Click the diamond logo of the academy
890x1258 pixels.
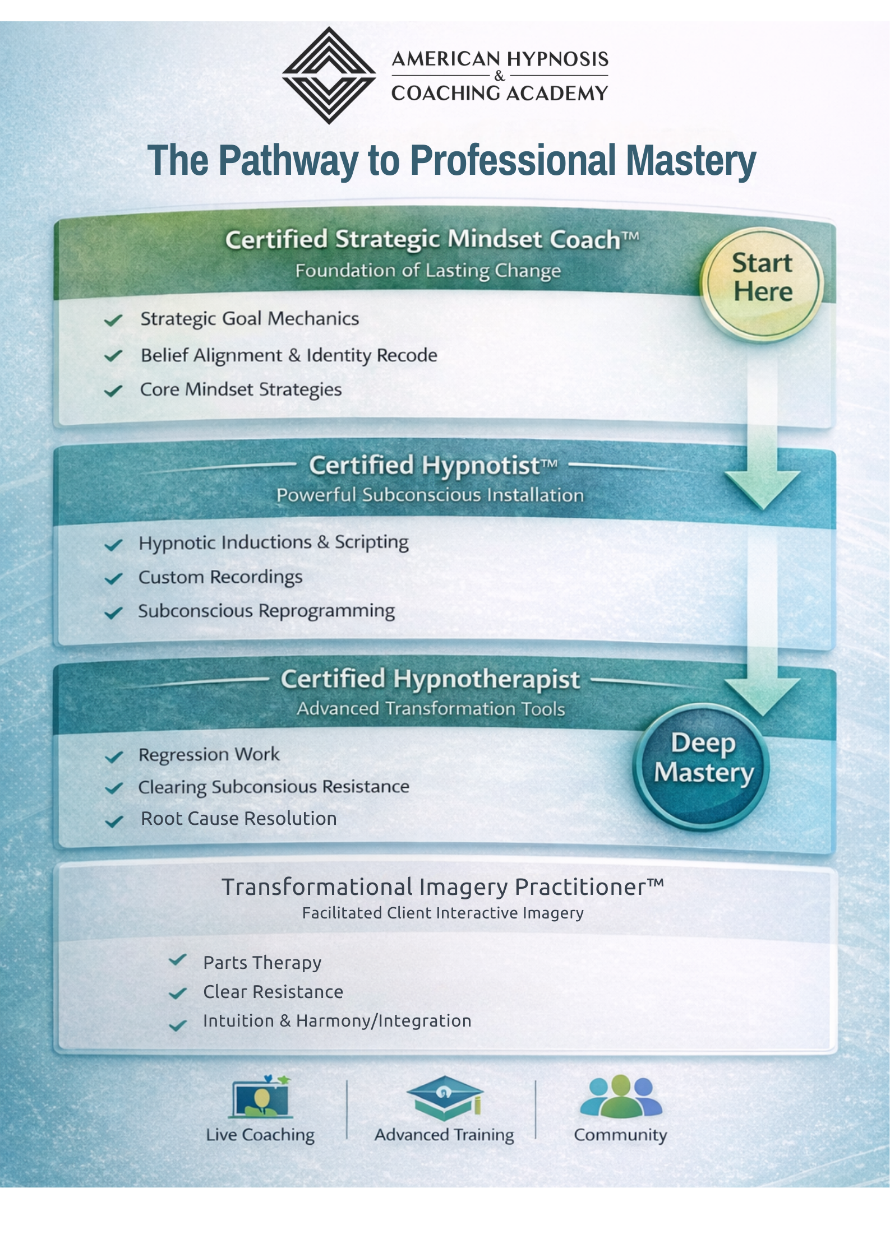coord(329,75)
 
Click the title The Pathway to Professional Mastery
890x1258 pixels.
coord(451,161)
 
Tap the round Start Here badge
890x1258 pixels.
coord(762,283)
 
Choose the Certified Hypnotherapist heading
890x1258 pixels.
coord(430,679)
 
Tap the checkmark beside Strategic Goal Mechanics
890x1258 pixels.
coord(113,321)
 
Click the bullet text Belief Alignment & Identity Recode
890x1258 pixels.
coord(289,355)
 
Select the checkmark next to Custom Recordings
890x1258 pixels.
coord(113,578)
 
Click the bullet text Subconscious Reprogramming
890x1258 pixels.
coord(266,611)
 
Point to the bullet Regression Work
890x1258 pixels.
coord(209,755)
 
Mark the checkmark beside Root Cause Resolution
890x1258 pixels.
coord(114,821)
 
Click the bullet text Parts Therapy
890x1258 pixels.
coord(262,963)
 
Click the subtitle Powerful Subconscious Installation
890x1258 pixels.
coord(430,495)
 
